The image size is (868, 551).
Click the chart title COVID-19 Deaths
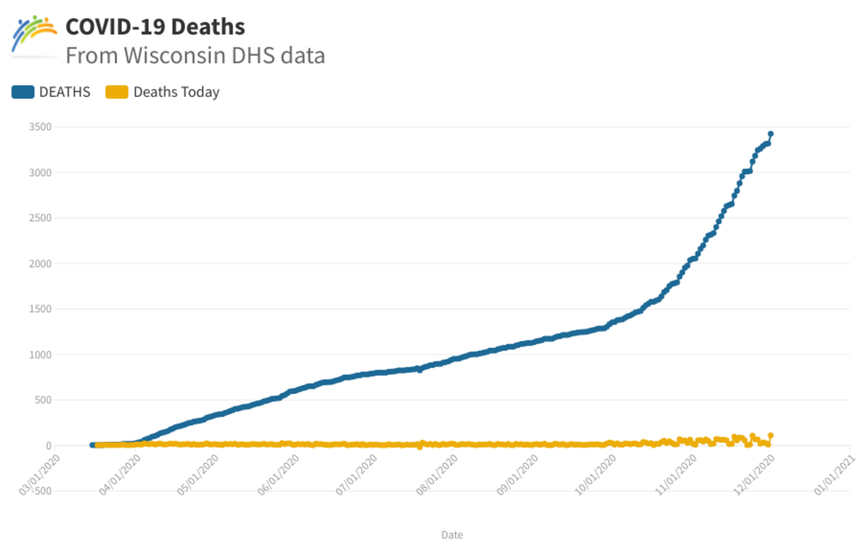(x=155, y=27)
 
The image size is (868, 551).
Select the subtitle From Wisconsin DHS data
(x=195, y=55)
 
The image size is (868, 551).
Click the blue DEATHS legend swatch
(x=23, y=92)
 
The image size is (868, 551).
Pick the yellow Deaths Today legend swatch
(x=117, y=92)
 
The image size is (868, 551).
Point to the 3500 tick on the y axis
(x=39, y=127)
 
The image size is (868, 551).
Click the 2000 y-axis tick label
(x=39, y=264)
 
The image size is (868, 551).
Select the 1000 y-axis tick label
(x=39, y=355)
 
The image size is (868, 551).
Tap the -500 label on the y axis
(x=39, y=492)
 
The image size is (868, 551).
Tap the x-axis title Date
(x=452, y=535)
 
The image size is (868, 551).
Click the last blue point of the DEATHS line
(x=771, y=134)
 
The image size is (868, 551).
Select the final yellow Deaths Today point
(x=771, y=435)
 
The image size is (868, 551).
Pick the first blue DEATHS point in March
(x=92, y=445)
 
